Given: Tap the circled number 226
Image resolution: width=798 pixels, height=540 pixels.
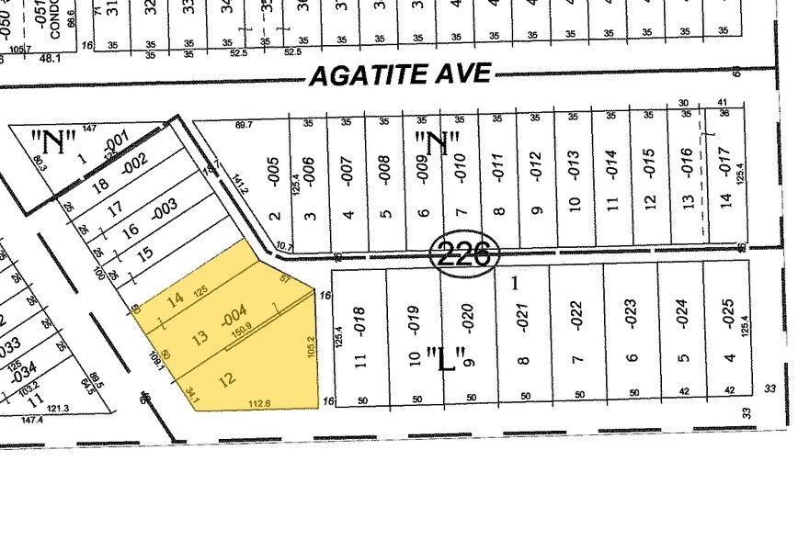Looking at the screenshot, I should [465, 252].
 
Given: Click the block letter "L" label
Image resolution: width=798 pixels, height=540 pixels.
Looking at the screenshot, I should [445, 358].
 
